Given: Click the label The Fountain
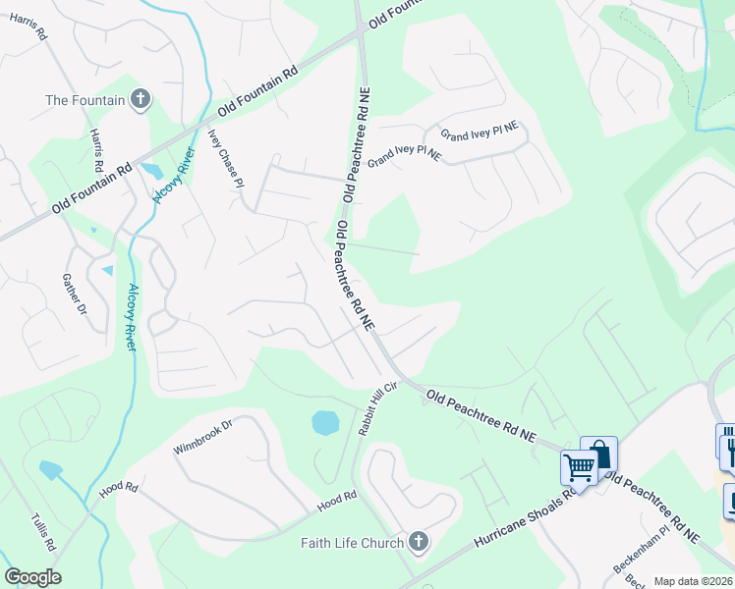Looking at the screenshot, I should pos(85,100).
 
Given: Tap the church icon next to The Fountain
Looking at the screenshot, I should pos(141,99).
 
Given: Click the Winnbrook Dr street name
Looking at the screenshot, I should pos(201,438).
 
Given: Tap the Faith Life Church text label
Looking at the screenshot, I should pos(353,543).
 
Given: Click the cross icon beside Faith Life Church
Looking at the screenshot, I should pos(418,542).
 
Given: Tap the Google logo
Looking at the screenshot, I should pos(32,577).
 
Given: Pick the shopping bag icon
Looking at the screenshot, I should pos(598,453).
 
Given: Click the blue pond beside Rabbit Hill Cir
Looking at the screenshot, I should pos(325,423).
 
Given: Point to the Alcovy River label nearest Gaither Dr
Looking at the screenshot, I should pos(131,316).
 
